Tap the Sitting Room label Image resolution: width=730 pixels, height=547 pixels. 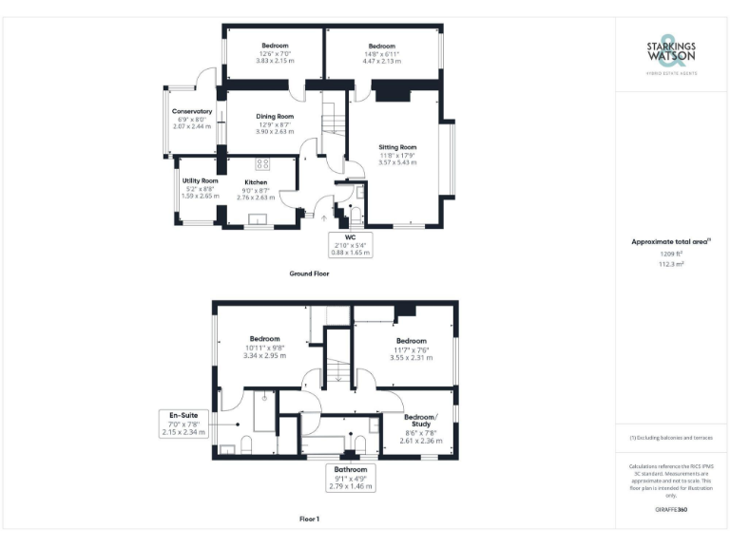pyautogui.click(x=397, y=148)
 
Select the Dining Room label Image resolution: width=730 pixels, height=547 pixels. pyautogui.click(x=275, y=117)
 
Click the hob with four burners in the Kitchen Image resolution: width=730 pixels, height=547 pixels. pyautogui.click(x=262, y=162)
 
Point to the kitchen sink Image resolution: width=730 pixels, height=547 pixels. pyautogui.click(x=258, y=219)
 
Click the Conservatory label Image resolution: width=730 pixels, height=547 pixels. pyautogui.click(x=191, y=112)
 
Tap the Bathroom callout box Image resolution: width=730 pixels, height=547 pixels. pyautogui.click(x=351, y=478)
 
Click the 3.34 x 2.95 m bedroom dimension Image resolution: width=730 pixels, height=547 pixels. pyautogui.click(x=264, y=355)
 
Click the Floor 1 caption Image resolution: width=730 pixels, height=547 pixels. pyautogui.click(x=309, y=519)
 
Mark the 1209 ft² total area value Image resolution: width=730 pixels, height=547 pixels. pyautogui.click(x=671, y=255)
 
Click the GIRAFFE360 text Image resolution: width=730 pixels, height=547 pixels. pyautogui.click(x=671, y=511)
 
